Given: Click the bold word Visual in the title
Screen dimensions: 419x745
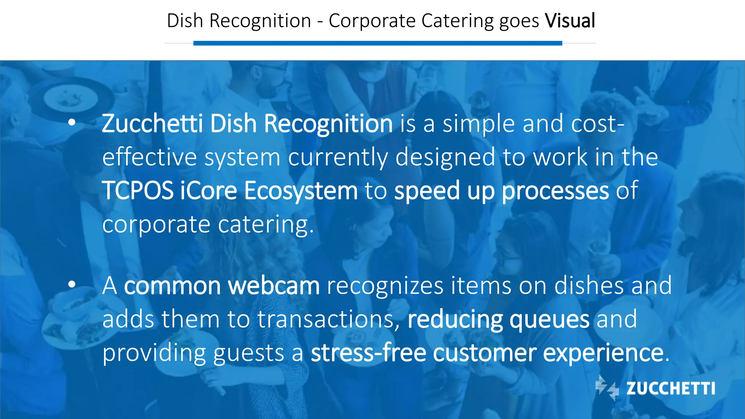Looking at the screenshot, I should point(570,21).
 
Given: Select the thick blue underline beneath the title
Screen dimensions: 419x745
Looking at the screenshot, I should point(378,43).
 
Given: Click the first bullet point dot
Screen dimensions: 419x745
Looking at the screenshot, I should point(72,123).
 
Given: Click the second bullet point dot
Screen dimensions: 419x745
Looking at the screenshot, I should point(72,284).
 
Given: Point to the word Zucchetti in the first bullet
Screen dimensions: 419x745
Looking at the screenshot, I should point(152,124).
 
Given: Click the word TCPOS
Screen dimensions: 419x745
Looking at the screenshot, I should point(138,191).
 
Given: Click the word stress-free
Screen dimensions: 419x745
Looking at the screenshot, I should point(368,353).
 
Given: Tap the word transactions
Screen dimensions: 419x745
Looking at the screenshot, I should point(326,319).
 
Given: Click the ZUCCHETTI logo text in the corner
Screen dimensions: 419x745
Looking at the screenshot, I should point(670,388).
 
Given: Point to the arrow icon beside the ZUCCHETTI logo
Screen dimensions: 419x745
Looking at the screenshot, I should point(607,388).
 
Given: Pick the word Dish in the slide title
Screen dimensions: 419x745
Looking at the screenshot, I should point(185,21).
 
